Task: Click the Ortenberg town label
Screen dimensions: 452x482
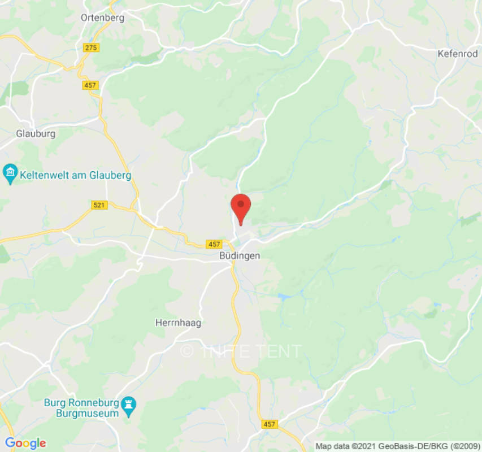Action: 102,18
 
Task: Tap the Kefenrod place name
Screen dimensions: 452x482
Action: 458,54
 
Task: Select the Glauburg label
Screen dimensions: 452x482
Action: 36,134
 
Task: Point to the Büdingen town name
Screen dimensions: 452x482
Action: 240,256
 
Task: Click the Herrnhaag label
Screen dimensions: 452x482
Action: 178,323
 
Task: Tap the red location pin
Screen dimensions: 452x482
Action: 241,207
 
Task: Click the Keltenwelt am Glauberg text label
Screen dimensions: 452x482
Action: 76,176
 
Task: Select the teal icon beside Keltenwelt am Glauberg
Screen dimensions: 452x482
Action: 10,174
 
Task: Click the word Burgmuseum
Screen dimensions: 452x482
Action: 90,413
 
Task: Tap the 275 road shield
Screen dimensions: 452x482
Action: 91,47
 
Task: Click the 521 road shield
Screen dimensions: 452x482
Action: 99,205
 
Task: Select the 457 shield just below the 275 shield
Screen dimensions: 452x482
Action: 90,85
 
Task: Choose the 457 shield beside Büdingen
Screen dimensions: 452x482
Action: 214,244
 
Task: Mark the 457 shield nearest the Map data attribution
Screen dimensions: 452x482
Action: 270,423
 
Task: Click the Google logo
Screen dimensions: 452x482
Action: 25,443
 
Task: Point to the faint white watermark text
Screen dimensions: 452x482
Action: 241,351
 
